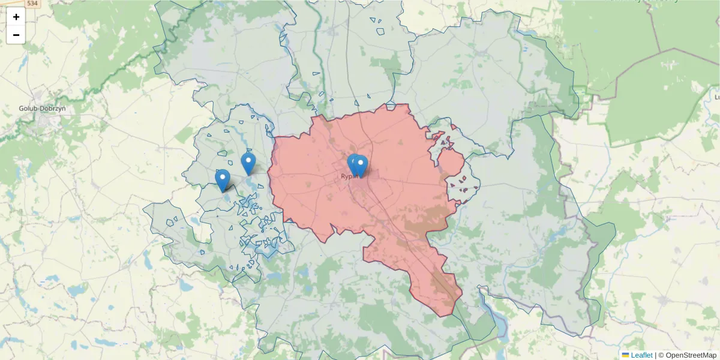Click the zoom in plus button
point(16,17)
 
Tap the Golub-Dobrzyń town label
point(42,109)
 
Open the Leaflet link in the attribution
point(641,355)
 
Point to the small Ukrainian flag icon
point(625,355)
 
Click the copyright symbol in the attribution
point(661,355)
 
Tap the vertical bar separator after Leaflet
point(655,355)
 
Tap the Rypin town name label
point(349,176)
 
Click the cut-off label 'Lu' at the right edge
point(716,97)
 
